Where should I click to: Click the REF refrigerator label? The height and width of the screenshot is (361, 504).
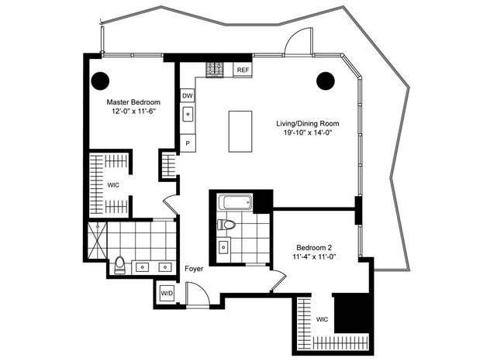click(243, 70)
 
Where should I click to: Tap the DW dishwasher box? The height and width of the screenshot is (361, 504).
click(188, 95)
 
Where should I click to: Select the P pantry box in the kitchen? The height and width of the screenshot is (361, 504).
click(188, 144)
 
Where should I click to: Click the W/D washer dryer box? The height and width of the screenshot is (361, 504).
click(167, 294)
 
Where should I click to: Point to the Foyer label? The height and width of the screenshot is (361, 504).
click(194, 270)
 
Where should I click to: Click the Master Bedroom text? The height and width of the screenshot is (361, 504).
click(134, 102)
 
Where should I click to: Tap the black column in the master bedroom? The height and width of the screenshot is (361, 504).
click(100, 79)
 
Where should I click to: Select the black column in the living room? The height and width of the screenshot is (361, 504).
click(326, 79)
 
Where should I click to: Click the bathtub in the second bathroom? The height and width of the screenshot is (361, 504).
click(235, 204)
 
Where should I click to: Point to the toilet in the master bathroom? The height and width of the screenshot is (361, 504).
click(119, 265)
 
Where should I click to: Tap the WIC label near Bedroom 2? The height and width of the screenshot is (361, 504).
click(323, 318)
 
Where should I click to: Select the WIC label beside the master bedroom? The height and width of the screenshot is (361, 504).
click(113, 186)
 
